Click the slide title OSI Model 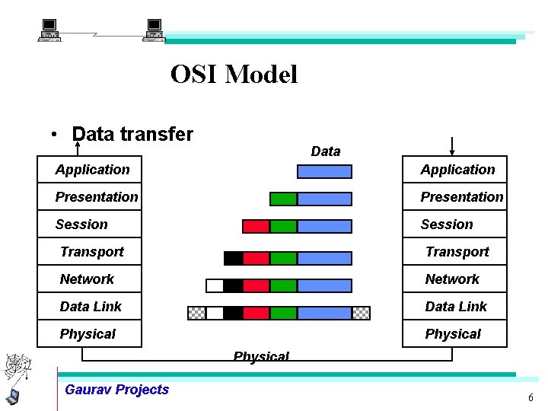[x=234, y=75]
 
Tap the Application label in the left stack [x=92, y=170]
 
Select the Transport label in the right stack [x=457, y=252]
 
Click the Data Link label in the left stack [x=91, y=307]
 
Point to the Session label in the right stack [x=447, y=225]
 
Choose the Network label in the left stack [x=87, y=279]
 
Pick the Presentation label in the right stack [x=462, y=197]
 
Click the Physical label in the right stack [x=453, y=334]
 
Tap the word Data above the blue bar [x=326, y=151]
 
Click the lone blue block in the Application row [x=324, y=171]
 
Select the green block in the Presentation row [x=283, y=199]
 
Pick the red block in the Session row [x=256, y=226]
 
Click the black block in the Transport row [x=233, y=258]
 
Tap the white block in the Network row [x=215, y=285]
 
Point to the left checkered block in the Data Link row [x=196, y=313]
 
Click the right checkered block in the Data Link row [x=361, y=313]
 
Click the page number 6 [x=530, y=398]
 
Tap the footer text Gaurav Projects [x=117, y=390]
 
